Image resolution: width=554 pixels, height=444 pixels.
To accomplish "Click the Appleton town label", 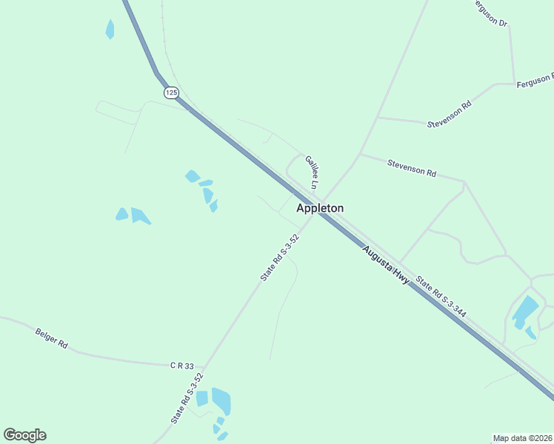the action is [x=320, y=209].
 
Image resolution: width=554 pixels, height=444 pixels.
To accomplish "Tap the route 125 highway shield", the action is [x=172, y=92].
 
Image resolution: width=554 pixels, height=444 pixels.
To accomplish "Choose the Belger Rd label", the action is [x=51, y=339].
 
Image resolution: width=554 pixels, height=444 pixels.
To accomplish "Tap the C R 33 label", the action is [x=181, y=366].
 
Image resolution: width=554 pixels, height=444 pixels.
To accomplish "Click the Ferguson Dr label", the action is [x=491, y=12].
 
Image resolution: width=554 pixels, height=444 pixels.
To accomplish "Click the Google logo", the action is [x=24, y=435].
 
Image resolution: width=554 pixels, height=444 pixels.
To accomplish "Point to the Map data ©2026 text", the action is [x=523, y=438].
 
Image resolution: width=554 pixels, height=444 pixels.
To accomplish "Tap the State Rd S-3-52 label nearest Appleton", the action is [x=279, y=257].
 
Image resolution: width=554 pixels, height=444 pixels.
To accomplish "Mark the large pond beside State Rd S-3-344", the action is [x=525, y=311].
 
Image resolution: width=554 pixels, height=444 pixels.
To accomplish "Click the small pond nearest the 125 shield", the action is [x=110, y=29].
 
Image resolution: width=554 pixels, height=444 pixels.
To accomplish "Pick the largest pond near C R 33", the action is [x=221, y=400].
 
